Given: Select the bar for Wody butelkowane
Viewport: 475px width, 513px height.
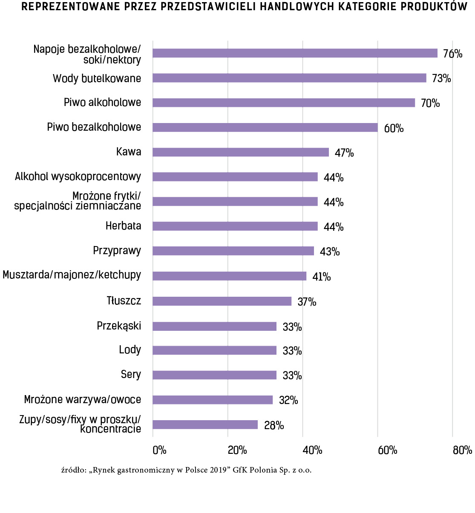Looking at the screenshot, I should [x=289, y=78].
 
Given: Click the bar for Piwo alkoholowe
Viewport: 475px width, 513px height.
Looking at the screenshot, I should [x=284, y=103].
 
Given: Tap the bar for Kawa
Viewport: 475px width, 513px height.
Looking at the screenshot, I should [x=241, y=152].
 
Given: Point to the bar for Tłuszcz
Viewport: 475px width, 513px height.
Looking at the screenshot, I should [x=222, y=301].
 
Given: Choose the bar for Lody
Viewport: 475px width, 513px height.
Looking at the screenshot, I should [x=214, y=350].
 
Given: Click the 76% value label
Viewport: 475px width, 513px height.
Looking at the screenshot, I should [x=452, y=54].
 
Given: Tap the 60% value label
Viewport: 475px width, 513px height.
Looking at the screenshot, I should [x=394, y=128].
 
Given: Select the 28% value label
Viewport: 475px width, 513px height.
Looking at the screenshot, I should [x=274, y=425].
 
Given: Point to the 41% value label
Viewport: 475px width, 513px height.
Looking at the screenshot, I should [x=322, y=277].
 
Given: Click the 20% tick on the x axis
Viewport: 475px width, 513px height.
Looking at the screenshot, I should [x=237, y=450].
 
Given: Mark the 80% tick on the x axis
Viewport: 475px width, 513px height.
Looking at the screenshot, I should [x=462, y=450].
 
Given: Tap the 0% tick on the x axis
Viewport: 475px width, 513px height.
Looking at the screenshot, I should [x=159, y=450].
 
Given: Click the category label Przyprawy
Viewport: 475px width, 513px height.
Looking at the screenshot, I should [x=117, y=251].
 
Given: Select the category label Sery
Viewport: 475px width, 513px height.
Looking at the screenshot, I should [x=131, y=374].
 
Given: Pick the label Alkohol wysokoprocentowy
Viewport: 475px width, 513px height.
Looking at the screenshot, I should [x=78, y=177].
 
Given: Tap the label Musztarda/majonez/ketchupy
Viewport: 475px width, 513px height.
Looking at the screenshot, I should [x=72, y=275].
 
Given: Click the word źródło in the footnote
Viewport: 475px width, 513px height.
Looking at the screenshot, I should [x=74, y=470].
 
